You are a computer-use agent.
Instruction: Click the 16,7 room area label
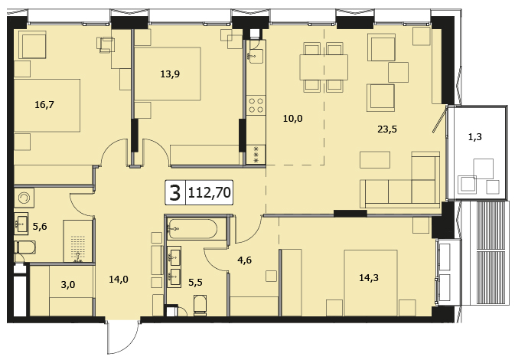[44, 105]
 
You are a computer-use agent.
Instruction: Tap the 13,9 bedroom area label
[170, 74]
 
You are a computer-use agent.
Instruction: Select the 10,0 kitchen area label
[293, 119]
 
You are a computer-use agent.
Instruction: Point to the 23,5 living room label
[387, 129]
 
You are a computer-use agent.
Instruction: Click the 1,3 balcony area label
[475, 136]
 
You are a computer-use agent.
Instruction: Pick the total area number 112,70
[209, 193]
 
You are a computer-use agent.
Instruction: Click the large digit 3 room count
[176, 193]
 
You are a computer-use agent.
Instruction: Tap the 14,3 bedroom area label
[369, 278]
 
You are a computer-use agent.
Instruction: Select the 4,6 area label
[245, 260]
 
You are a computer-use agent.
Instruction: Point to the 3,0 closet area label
[68, 285]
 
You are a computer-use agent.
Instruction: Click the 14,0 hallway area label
[119, 280]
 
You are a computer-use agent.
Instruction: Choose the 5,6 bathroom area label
[40, 227]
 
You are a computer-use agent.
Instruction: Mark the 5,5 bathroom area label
[195, 283]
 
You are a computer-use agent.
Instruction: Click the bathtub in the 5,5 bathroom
[192, 229]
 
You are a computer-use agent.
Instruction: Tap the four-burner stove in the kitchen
[256, 105]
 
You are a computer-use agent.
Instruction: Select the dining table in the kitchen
[324, 67]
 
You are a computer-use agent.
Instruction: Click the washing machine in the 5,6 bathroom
[24, 198]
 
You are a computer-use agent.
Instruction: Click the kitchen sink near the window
[255, 56]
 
